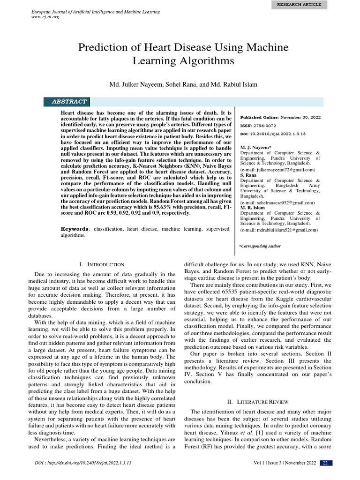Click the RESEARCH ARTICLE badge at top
(x=299, y=5)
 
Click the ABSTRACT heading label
(x=69, y=102)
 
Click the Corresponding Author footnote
(x=260, y=246)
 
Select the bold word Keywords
(x=75, y=229)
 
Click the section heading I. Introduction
(x=102, y=265)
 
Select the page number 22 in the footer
(x=325, y=463)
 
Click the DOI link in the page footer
(x=83, y=463)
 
